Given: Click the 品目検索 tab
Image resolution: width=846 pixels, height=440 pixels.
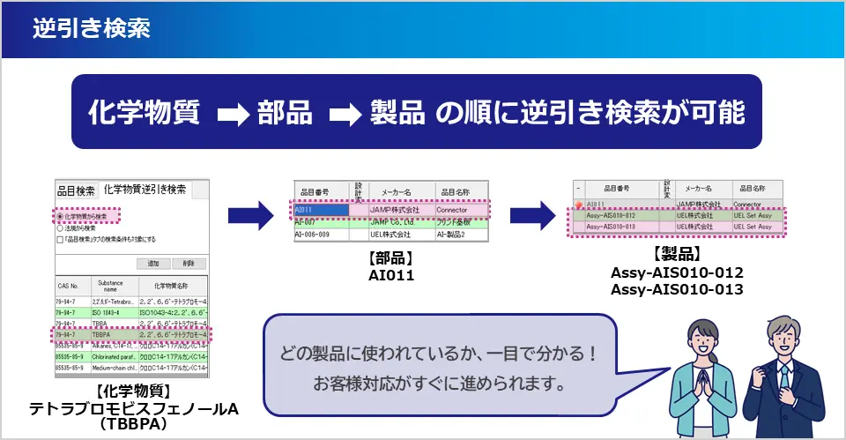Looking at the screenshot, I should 76,190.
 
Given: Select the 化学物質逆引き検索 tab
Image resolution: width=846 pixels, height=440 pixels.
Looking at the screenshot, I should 145,190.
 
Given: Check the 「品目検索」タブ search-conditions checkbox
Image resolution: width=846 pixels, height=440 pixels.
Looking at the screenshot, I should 59,239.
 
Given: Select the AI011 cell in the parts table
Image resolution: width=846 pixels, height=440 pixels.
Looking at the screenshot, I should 321,211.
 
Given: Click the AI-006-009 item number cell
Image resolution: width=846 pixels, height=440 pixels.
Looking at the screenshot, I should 321,235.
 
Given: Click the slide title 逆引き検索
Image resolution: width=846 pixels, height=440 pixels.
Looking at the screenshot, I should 90,28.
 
